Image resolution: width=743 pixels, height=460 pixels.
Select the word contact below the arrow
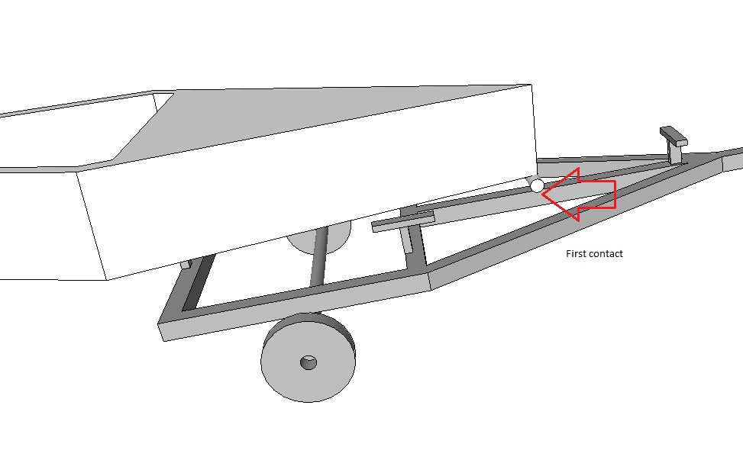[x=605, y=254]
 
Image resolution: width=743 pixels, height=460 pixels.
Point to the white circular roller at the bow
[x=537, y=185]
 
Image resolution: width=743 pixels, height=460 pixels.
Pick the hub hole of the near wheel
[x=309, y=363]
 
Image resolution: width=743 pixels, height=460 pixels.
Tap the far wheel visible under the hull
[x=318, y=239]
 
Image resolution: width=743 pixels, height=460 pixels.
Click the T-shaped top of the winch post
[x=674, y=136]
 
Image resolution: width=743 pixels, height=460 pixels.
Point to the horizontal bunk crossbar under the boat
[x=402, y=222]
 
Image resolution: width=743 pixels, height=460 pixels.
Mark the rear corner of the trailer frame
[x=161, y=331]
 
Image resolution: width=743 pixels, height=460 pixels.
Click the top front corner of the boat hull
[x=531, y=85]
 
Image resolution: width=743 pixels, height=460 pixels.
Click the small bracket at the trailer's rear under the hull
[x=186, y=264]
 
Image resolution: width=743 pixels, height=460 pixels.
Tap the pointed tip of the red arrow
[x=542, y=194]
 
